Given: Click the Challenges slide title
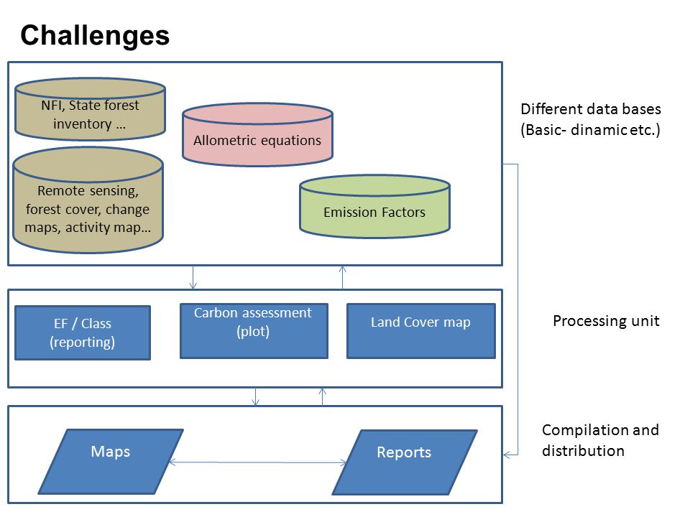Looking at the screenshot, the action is (95, 36).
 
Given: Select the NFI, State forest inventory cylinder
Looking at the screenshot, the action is (91, 109).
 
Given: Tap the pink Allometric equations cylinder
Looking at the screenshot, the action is (257, 134).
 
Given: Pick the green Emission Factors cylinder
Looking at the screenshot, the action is (374, 207).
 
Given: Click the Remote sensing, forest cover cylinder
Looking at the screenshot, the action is (88, 200).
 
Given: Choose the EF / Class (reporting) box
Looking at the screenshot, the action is (83, 332).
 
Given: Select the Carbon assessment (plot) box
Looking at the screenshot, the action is (254, 330).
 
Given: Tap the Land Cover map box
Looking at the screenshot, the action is (421, 330).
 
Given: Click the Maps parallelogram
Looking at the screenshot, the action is (111, 461).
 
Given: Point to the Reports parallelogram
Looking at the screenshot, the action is (405, 462).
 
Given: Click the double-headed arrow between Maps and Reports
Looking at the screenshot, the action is (258, 462).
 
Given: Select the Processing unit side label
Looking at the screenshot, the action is (606, 321).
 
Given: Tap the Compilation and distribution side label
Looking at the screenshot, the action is (600, 440).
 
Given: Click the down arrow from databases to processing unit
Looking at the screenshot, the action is (193, 277).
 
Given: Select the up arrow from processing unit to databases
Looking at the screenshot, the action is (342, 277).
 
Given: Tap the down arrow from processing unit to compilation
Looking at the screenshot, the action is (255, 396).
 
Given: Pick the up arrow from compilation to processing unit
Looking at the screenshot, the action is (323, 396).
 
